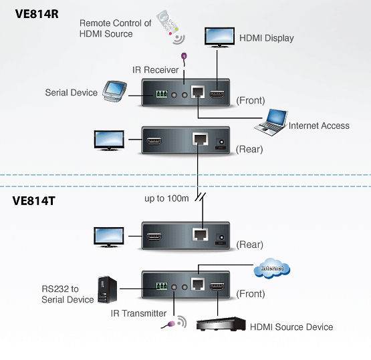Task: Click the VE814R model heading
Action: [x=37, y=14]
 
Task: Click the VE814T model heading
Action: [x=34, y=201]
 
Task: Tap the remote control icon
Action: [x=170, y=27]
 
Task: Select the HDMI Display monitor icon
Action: [x=219, y=37]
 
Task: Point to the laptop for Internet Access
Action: [x=271, y=122]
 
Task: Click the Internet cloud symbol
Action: [x=272, y=268]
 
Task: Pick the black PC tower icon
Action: [x=108, y=290]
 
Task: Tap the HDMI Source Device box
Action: [x=221, y=324]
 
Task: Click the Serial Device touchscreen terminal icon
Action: [x=114, y=92]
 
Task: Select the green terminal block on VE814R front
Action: [x=162, y=94]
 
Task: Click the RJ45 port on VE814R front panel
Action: [x=198, y=92]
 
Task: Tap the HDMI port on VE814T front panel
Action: [x=217, y=287]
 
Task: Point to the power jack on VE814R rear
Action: [x=221, y=142]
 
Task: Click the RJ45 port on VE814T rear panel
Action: [x=201, y=234]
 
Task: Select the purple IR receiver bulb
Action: [x=184, y=57]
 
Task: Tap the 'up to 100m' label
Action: [x=166, y=198]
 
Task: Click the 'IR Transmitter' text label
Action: [x=138, y=313]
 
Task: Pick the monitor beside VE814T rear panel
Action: [x=109, y=237]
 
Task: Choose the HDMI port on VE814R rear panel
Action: [x=154, y=141]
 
